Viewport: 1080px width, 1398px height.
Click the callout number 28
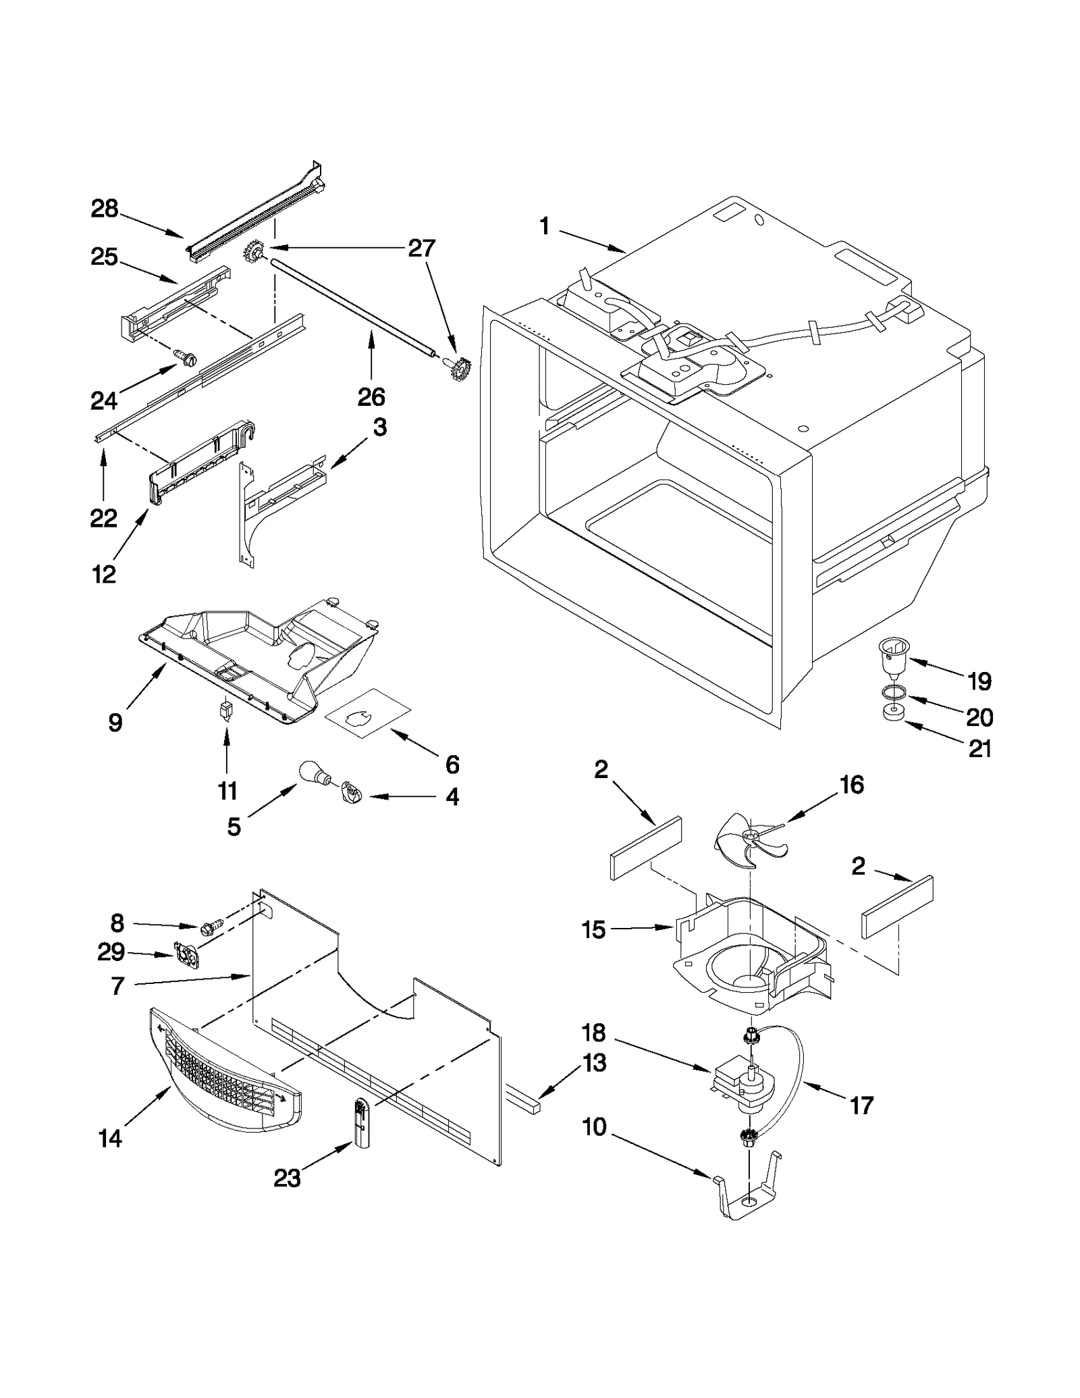(105, 209)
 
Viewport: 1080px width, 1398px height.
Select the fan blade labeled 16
(747, 839)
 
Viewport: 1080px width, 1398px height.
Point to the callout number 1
(545, 226)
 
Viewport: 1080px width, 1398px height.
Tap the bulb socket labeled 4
(351, 792)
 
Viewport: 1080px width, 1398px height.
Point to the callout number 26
(371, 396)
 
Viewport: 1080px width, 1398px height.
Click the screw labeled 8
(209, 931)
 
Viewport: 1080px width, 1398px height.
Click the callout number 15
(593, 930)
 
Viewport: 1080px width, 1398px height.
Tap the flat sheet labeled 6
(368, 718)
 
